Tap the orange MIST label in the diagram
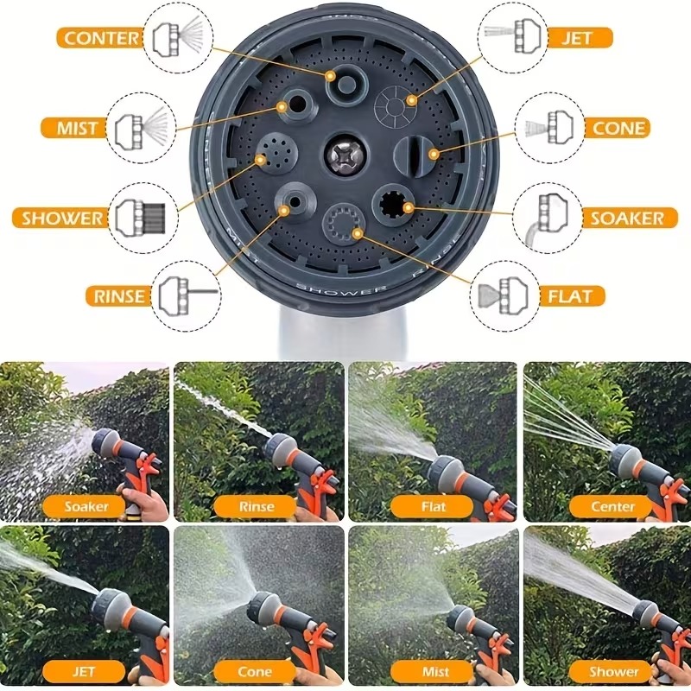coord(77,128)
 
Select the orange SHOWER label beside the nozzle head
coord(62,218)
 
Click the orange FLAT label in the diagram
coord(571,296)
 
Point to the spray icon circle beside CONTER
coord(179,37)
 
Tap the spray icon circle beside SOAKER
coord(548,218)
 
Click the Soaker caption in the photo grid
coord(86,506)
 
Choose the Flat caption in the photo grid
coord(434,506)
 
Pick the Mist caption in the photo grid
coord(434,670)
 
